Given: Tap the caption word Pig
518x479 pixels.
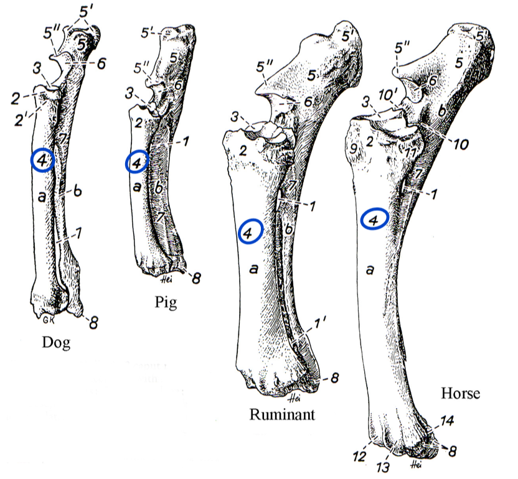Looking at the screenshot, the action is [x=165, y=303].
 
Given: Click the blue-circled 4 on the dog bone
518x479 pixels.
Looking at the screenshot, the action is [x=42, y=160].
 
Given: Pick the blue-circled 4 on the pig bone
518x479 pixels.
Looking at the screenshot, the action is [x=137, y=162].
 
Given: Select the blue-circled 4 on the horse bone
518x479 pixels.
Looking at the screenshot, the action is [x=374, y=219].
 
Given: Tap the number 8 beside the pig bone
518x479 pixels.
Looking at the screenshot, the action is [x=196, y=278].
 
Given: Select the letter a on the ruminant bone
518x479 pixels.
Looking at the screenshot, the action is [x=253, y=269].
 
